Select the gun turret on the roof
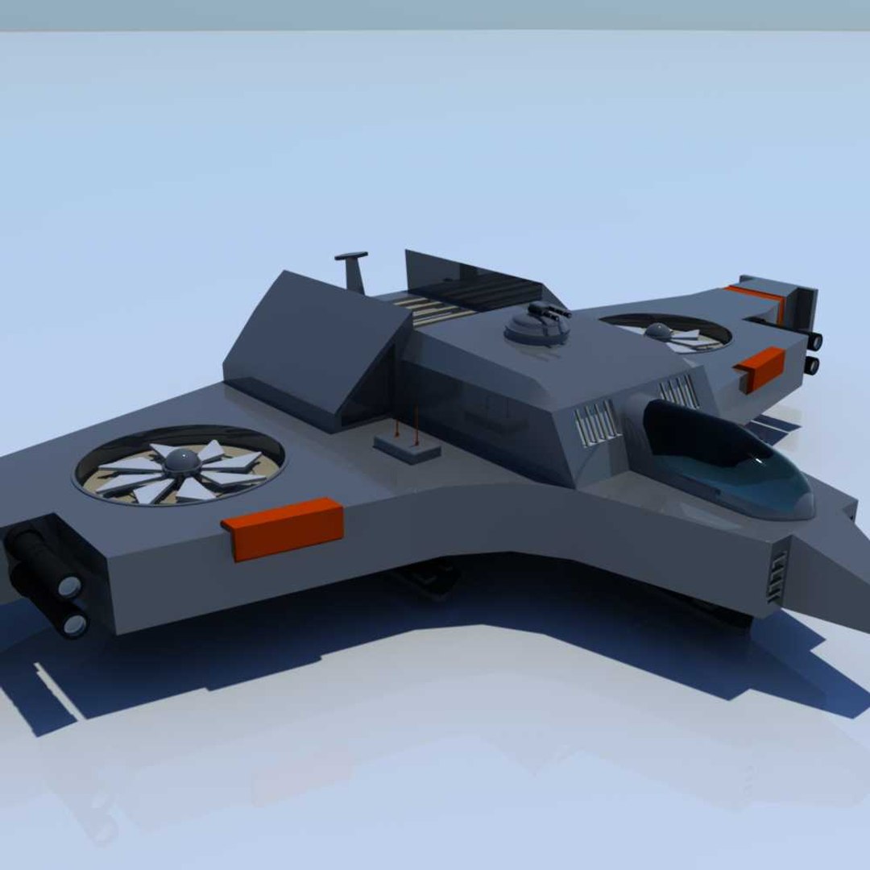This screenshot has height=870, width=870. pyautogui.click(x=536, y=325)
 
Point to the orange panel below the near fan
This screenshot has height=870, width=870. pyautogui.click(x=284, y=528)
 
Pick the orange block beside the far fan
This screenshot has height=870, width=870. pyautogui.click(x=760, y=367)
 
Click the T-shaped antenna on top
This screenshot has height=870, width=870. pyautogui.click(x=353, y=271)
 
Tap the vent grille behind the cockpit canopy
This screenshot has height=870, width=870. pyautogui.click(x=678, y=392)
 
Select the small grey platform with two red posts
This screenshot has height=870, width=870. pyautogui.click(x=408, y=448)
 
